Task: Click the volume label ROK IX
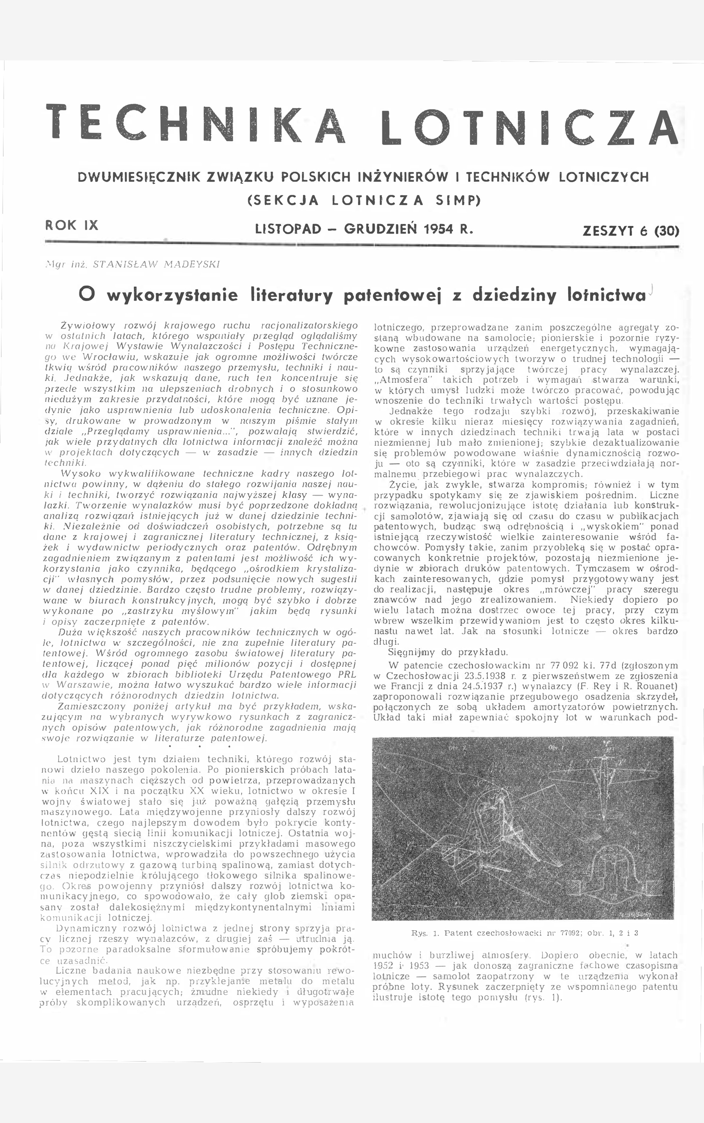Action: point(72,225)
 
